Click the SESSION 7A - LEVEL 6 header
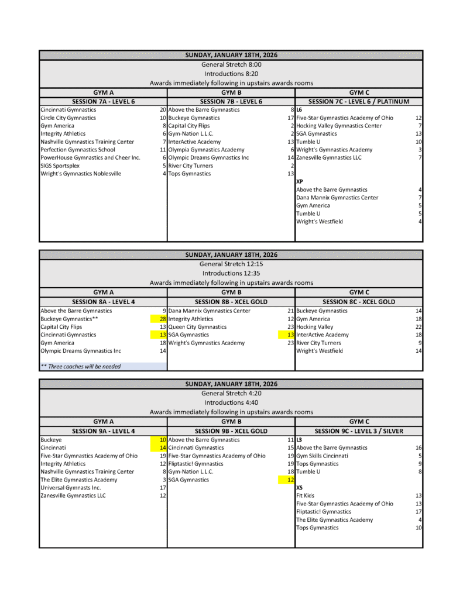pyautogui.click(x=103, y=101)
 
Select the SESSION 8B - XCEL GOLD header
pyautogui.click(x=231, y=302)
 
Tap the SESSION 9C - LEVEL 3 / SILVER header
pyautogui.click(x=359, y=431)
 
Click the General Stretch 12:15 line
pyautogui.click(x=231, y=264)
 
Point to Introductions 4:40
pyautogui.click(x=231, y=402)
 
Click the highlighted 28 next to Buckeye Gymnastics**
pyautogui.click(x=163, y=319)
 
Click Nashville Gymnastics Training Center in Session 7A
pyautogui.click(x=87, y=142)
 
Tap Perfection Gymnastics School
pyautogui.click(x=78, y=150)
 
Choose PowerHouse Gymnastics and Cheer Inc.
pyautogui.click(x=90, y=158)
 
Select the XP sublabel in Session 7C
pyautogui.click(x=300, y=182)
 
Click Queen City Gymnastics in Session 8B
pyautogui.click(x=197, y=327)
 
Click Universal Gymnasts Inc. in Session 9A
pyautogui.click(x=70, y=487)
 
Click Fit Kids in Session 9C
pyautogui.click(x=305, y=495)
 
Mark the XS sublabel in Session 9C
pyautogui.click(x=299, y=487)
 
